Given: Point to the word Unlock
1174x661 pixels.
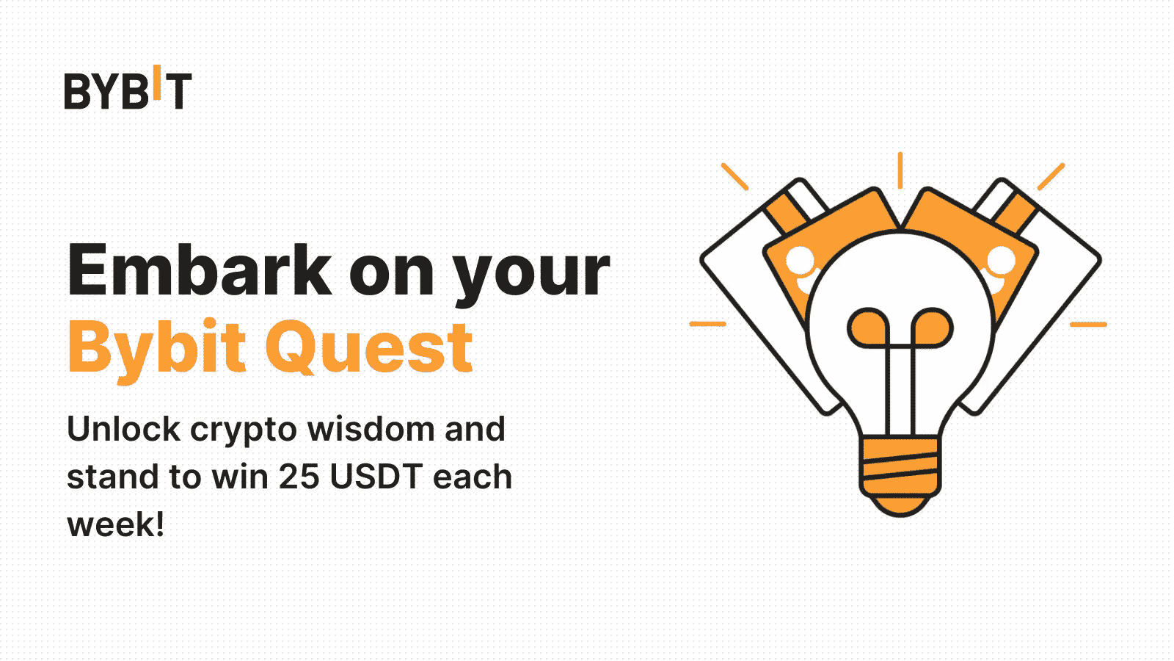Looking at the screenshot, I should [x=123, y=429].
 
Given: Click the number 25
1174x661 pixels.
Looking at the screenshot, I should [x=299, y=477].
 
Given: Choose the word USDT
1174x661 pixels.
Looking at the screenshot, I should [x=376, y=477].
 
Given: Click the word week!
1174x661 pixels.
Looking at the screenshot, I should [x=115, y=524].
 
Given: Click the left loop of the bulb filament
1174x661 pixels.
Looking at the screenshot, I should [x=868, y=328].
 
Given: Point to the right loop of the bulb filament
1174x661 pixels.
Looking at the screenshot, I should [x=932, y=328].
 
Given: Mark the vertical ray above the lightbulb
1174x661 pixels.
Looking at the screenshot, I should [x=900, y=170].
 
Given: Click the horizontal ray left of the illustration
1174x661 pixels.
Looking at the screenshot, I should [x=708, y=324].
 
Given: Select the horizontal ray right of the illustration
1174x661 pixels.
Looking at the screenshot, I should [x=1088, y=324].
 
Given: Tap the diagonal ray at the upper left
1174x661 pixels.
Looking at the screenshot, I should [x=734, y=176].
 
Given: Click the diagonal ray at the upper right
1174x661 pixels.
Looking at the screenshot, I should [x=1051, y=176].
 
